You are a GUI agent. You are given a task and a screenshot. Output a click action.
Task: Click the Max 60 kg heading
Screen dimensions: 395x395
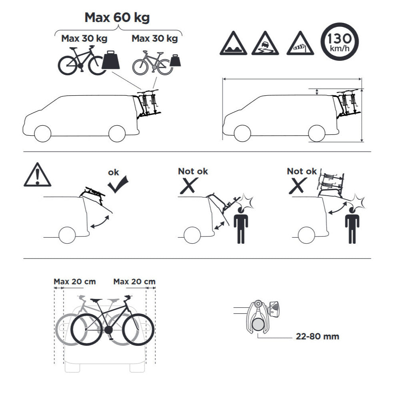[x=117, y=18]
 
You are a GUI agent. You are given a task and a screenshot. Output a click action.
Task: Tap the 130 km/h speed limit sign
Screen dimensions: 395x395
[x=340, y=42]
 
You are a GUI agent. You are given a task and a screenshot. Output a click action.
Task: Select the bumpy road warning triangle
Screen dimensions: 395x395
[x=233, y=43]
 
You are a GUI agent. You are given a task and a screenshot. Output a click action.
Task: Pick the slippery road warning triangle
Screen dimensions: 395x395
[x=265, y=43]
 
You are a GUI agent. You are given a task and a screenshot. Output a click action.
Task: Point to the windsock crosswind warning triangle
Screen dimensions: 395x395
[x=300, y=43]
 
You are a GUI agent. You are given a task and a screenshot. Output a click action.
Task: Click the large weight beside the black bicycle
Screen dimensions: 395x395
[x=110, y=60]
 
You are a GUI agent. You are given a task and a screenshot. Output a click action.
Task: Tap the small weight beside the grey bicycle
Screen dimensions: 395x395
[x=175, y=60]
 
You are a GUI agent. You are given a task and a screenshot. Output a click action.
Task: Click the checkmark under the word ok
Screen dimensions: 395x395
[x=118, y=184]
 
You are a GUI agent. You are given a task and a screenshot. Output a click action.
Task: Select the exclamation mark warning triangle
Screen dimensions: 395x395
[x=37, y=175]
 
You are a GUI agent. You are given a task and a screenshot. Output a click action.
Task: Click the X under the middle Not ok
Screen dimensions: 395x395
[x=189, y=186]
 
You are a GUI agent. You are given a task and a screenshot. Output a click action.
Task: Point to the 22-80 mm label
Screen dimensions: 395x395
[x=317, y=336]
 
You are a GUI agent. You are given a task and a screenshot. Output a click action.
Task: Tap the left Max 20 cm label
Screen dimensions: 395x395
[x=75, y=281]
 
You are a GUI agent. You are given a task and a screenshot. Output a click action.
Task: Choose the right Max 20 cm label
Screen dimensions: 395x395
[x=134, y=281]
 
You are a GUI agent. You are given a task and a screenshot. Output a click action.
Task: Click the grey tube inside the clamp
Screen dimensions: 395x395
[x=259, y=324]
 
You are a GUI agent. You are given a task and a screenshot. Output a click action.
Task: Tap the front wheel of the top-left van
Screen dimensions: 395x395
[x=42, y=134]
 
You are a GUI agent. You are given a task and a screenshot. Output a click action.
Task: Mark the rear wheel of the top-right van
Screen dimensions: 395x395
[x=317, y=133]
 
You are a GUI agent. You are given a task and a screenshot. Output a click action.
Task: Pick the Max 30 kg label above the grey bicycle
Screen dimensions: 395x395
[x=154, y=38]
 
